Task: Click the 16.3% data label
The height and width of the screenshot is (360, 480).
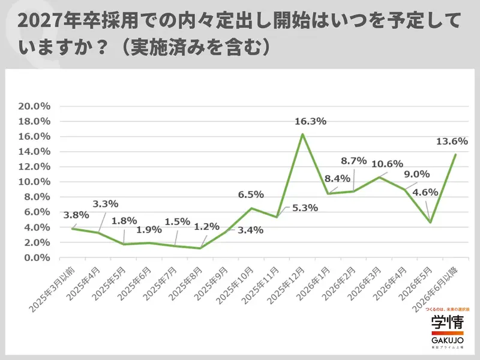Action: tap(311, 122)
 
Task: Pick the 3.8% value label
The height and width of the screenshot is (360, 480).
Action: tap(76, 215)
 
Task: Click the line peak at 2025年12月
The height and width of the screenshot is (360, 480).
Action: tap(302, 134)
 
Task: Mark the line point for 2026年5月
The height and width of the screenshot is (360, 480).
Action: tap(430, 223)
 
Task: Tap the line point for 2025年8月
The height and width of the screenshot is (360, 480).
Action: tap(200, 248)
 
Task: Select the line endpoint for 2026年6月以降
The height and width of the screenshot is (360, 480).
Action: tap(456, 154)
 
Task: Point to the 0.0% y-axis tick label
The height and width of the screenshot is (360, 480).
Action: tap(35, 258)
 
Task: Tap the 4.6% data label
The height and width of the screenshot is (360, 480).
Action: tap(425, 193)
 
